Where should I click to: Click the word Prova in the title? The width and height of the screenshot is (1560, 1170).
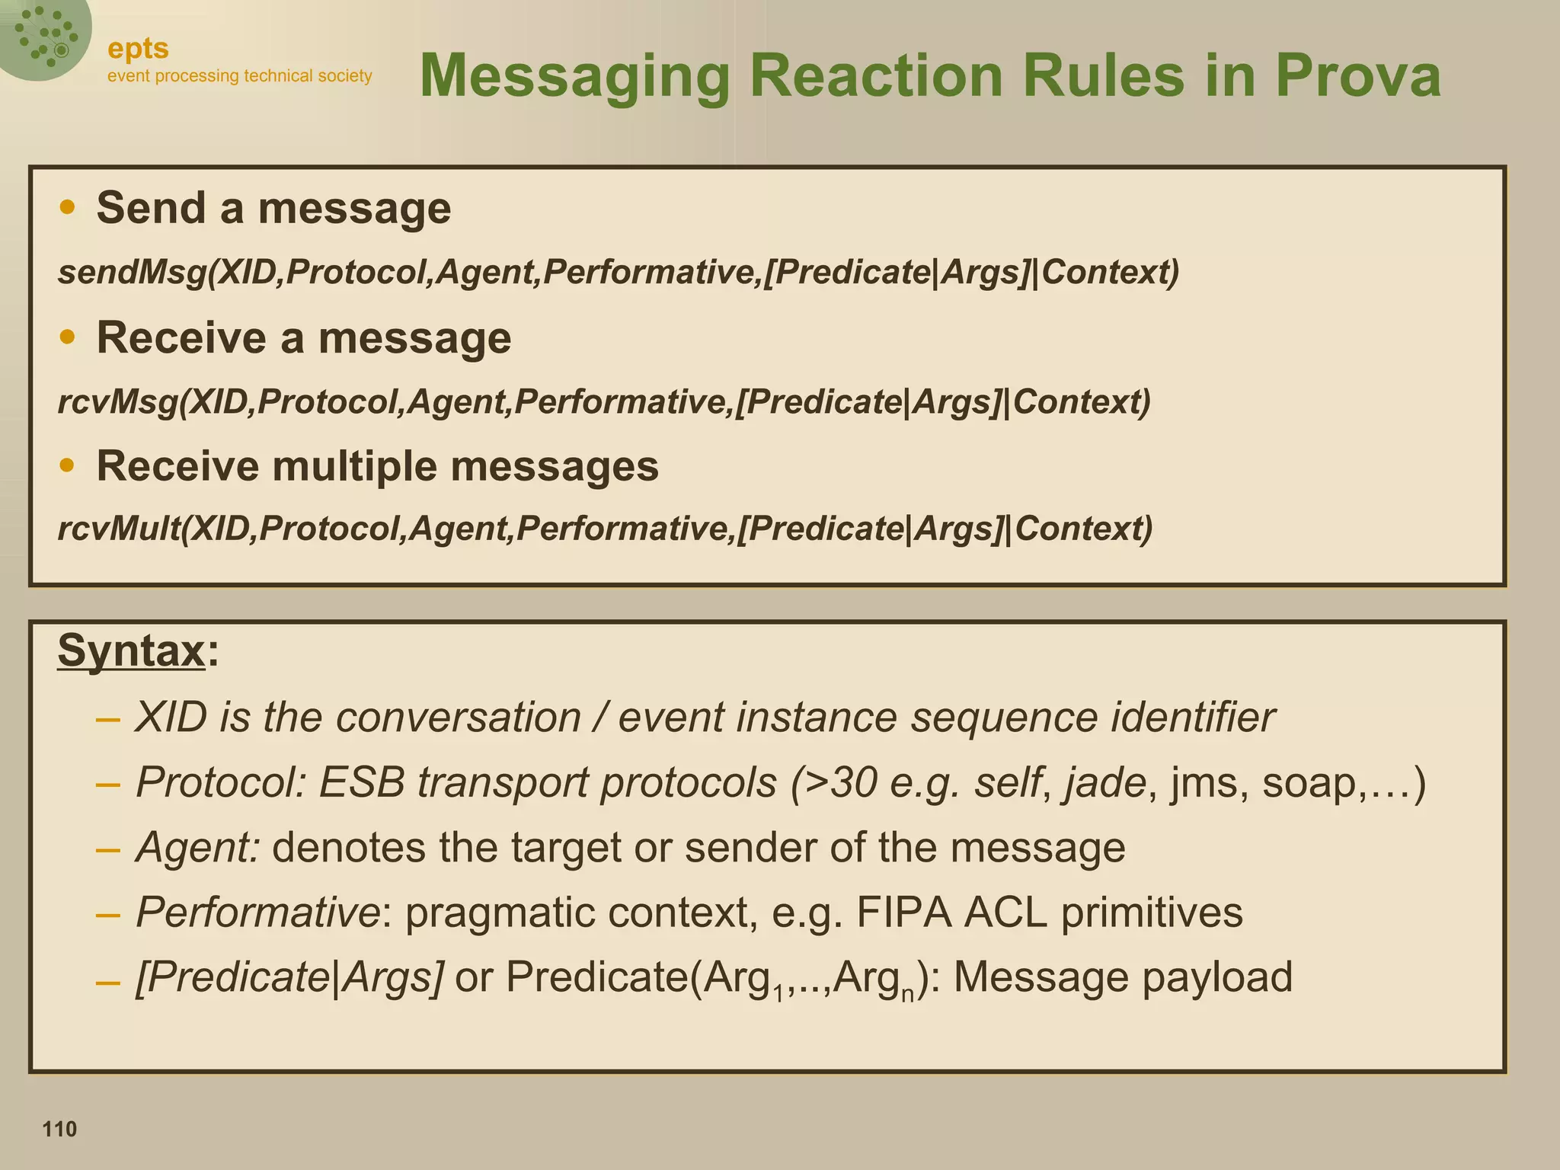pos(1357,75)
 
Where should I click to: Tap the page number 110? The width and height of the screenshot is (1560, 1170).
pos(59,1128)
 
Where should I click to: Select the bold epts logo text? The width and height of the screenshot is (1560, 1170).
pos(138,49)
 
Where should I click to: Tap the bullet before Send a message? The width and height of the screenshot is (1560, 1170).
pos(68,207)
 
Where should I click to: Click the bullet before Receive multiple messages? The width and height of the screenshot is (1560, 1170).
pos(68,465)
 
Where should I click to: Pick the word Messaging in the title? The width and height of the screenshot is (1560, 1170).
pos(575,75)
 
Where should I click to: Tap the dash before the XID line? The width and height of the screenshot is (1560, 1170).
pos(108,718)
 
